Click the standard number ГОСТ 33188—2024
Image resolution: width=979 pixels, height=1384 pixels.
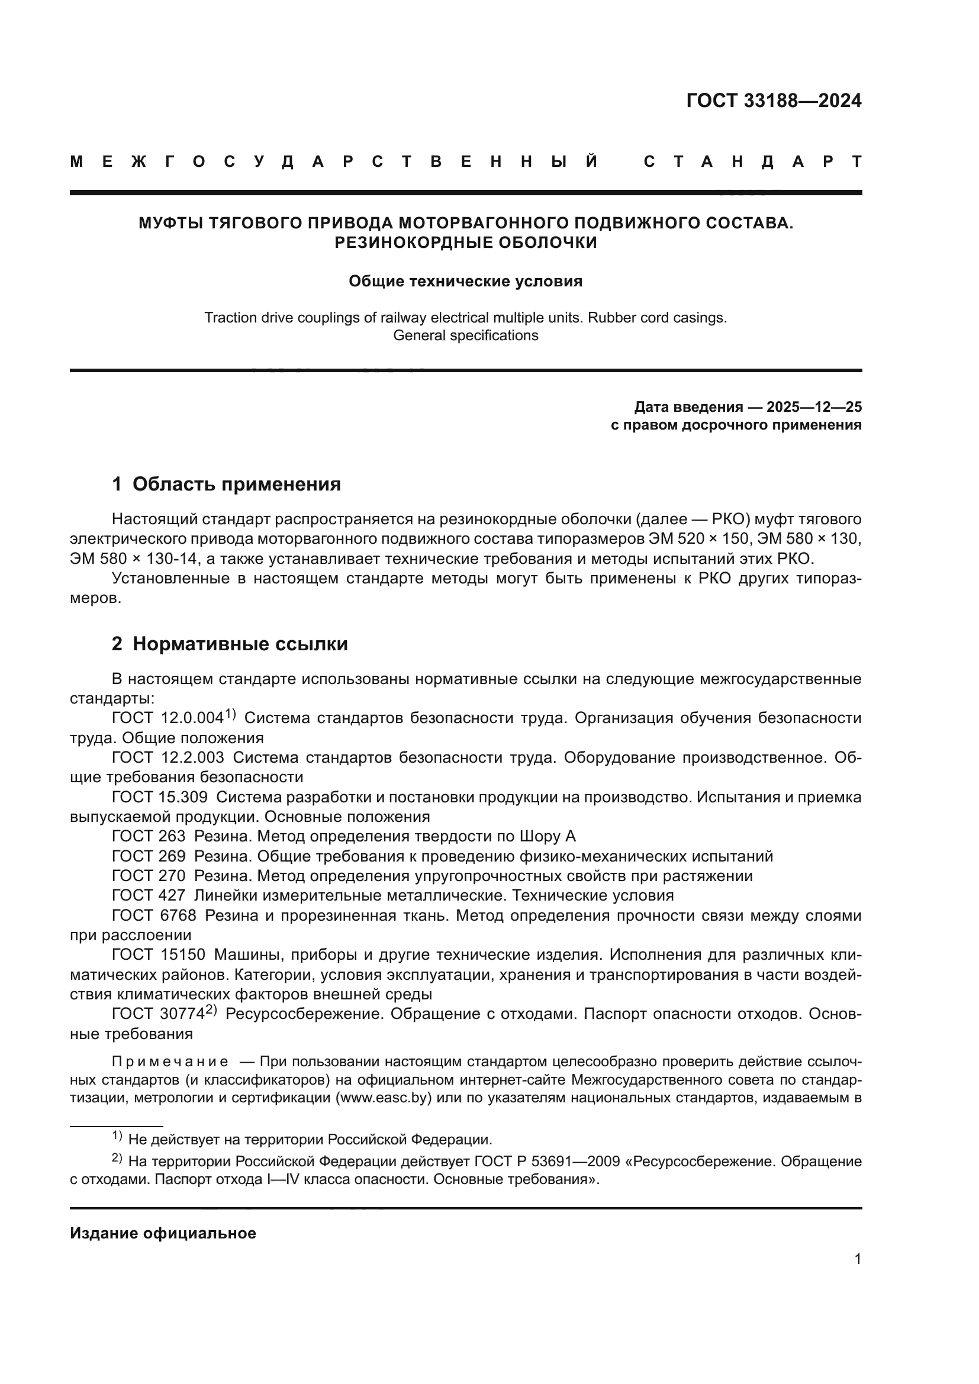point(774,101)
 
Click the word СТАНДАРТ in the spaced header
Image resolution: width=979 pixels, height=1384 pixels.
point(753,162)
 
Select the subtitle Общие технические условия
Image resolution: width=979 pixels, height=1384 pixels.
point(465,282)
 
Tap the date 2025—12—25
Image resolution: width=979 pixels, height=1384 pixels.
point(814,407)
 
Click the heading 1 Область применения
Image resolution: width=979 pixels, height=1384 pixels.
point(226,484)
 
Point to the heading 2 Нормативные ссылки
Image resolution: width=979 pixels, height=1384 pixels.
point(230,644)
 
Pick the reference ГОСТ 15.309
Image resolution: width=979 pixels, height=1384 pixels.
point(160,798)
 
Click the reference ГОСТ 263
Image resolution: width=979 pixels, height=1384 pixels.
point(149,837)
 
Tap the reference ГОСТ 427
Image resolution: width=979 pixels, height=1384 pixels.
point(149,896)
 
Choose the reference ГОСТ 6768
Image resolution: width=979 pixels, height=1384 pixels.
point(154,915)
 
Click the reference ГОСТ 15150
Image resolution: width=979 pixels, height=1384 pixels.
point(159,956)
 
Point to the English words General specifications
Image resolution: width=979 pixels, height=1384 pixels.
point(465,335)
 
